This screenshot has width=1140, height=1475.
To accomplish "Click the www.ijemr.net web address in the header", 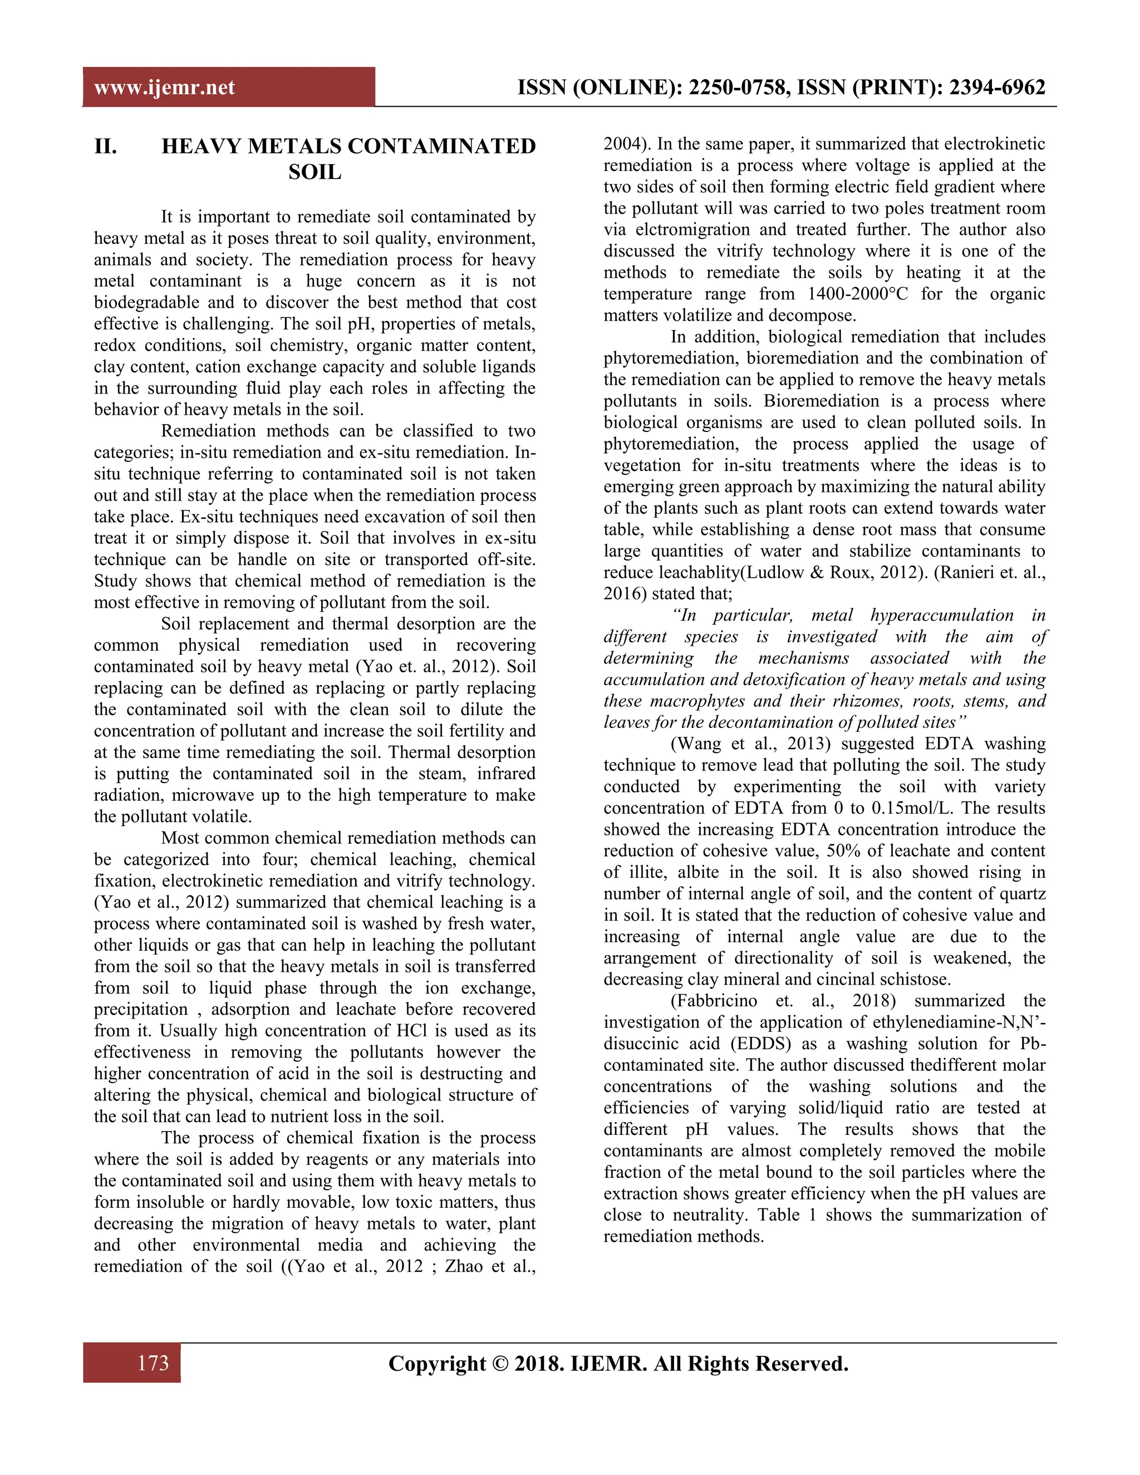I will tap(164, 88).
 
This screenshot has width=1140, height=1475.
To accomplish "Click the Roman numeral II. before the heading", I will tap(105, 146).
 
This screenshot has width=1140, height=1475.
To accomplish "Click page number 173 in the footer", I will tap(153, 1363).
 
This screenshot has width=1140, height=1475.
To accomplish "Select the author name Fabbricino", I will tap(719, 1001).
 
